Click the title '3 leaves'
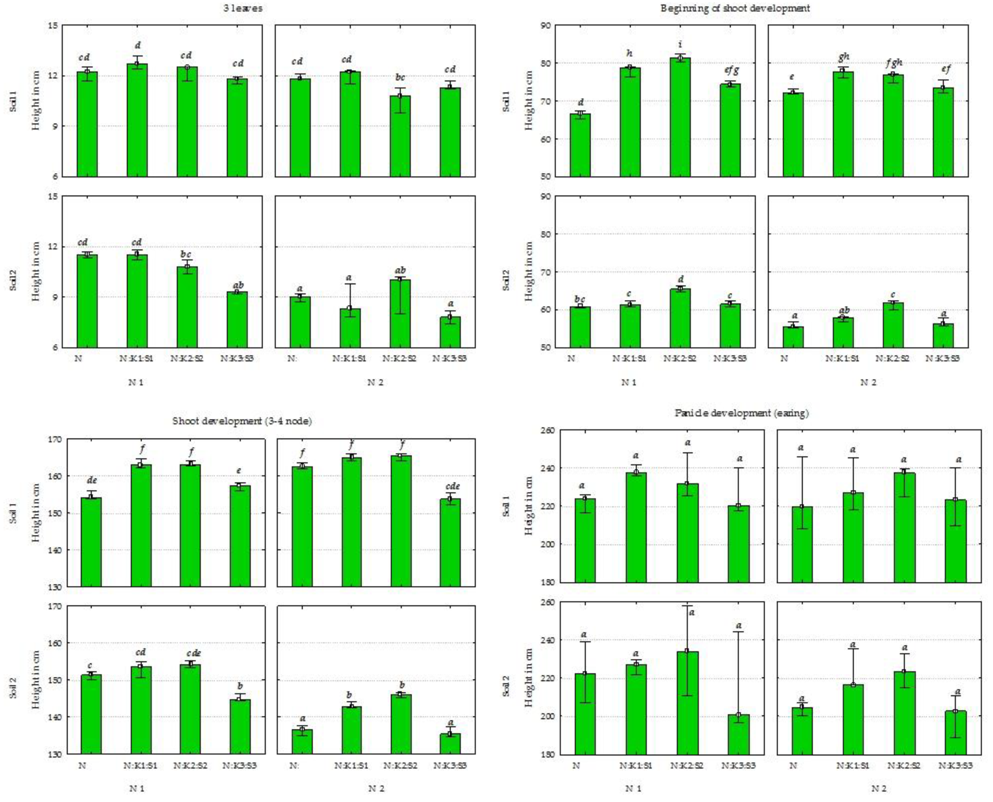pos(243,8)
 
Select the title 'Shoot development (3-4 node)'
pos(242,421)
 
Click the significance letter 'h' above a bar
pos(629,54)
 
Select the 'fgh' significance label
pos(894,62)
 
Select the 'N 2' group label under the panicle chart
pos(879,788)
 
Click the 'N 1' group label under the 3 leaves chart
pos(135,382)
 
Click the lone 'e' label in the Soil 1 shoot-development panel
pos(239,471)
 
